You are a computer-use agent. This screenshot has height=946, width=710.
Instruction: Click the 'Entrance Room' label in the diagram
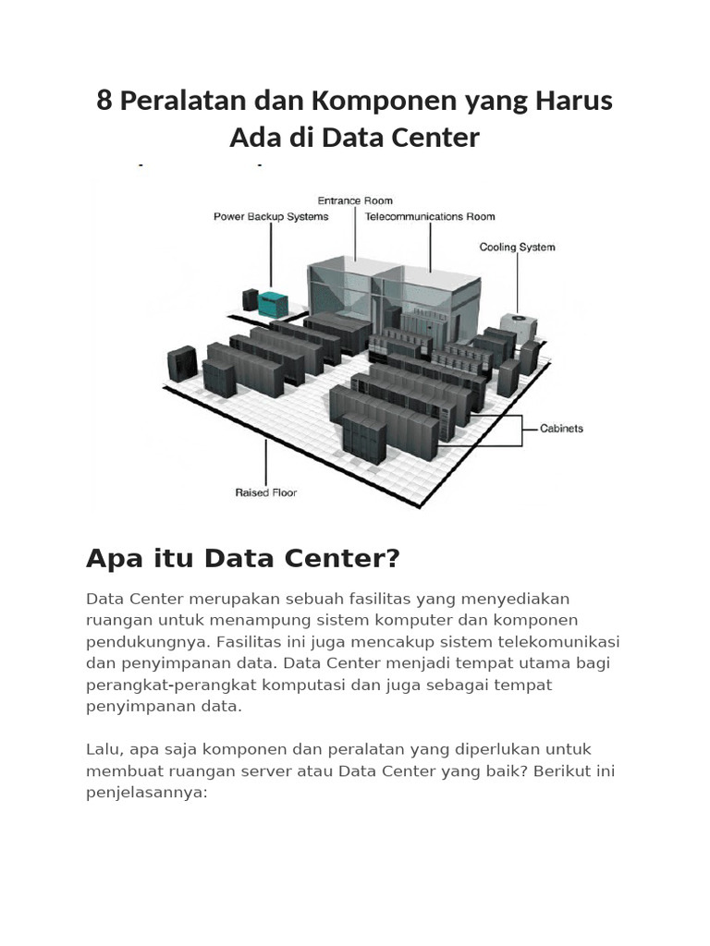click(x=355, y=200)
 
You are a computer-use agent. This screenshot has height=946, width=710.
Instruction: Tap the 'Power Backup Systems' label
click(x=271, y=217)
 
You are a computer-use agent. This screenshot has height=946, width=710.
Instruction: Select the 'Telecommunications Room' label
click(x=430, y=217)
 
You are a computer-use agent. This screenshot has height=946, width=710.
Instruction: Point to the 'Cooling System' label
click(x=517, y=248)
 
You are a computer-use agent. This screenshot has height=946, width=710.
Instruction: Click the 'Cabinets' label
click(x=561, y=429)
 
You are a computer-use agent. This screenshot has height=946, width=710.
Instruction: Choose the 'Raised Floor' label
click(x=265, y=493)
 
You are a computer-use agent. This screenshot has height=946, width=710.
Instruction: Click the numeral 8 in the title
click(x=104, y=101)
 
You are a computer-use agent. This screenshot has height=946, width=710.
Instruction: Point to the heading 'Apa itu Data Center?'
click(x=242, y=558)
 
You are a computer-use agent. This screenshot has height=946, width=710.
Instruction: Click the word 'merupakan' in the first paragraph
click(x=231, y=598)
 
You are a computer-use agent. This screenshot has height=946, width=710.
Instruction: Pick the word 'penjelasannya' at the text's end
click(x=146, y=792)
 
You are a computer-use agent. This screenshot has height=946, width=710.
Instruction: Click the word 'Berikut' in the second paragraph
click(x=556, y=770)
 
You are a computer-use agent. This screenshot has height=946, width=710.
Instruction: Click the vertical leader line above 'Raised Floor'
click(x=266, y=462)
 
